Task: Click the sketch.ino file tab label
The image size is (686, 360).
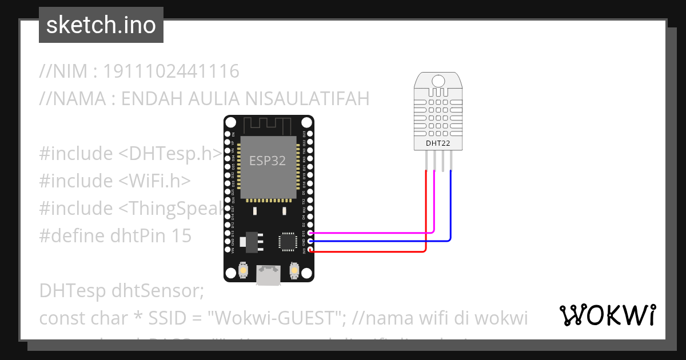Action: [101, 25]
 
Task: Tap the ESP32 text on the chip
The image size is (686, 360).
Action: [268, 161]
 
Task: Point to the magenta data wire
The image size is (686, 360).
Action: [372, 233]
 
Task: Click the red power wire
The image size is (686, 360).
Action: [372, 251]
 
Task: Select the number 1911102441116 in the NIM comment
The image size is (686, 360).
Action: [171, 72]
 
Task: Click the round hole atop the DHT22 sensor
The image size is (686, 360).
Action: [438, 81]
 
